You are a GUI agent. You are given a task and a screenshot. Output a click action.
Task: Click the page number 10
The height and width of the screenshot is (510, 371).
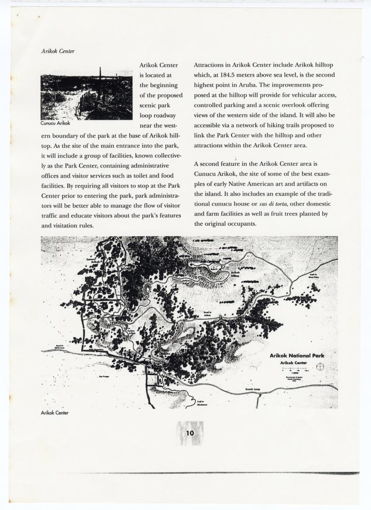(190, 433)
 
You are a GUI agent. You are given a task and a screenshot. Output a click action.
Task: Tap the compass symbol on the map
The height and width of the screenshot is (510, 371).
(320, 367)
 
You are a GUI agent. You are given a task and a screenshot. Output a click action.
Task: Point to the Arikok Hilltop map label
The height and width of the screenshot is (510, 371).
(235, 274)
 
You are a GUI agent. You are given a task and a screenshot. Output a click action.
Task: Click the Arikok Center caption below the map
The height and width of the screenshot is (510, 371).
(55, 412)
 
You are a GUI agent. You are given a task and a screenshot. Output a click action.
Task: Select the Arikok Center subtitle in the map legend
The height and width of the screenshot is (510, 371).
(294, 363)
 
